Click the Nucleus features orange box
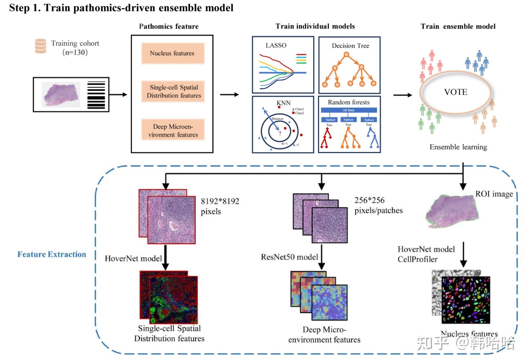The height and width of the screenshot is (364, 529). click(173, 53)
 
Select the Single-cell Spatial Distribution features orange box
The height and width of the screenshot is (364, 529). click(173, 91)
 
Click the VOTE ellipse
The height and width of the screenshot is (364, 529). click(456, 92)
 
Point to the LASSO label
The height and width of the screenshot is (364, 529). click(276, 45)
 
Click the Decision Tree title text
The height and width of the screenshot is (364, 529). click(350, 46)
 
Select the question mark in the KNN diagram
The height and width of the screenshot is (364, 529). click(280, 133)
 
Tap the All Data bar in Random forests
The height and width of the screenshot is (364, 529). click(348, 110)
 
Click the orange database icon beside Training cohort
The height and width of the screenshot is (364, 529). click(41, 46)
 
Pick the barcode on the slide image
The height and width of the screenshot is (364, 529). click(96, 95)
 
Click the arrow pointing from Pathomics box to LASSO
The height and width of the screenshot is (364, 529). click(229, 95)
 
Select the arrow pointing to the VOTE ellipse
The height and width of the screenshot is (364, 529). click(403, 95)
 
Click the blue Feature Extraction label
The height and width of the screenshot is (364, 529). click(52, 254)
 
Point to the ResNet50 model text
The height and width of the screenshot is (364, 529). click(289, 257)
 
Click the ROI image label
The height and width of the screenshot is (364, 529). click(494, 194)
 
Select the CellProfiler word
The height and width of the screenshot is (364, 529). click(417, 259)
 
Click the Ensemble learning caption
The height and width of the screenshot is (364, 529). click(458, 147)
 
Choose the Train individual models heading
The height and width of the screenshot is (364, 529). click(315, 26)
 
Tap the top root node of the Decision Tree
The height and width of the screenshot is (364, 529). click(346, 55)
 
